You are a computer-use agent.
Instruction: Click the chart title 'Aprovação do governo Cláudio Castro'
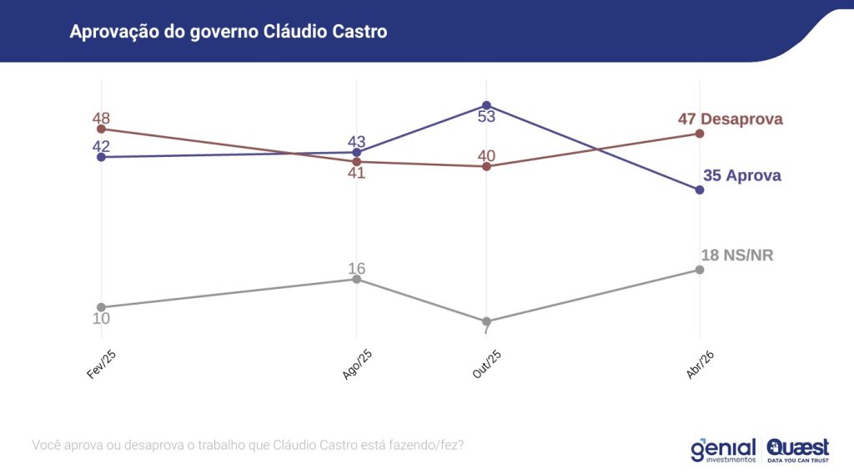[229, 32]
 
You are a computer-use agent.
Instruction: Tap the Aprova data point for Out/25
[486, 105]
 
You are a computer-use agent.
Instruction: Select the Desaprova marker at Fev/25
[101, 129]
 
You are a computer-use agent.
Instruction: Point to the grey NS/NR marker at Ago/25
[357, 279]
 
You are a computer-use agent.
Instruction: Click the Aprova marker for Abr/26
[700, 190]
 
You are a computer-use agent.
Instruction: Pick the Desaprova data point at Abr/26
[700, 134]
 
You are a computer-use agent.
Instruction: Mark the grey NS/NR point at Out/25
[486, 321]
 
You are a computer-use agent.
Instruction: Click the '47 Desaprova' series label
[730, 119]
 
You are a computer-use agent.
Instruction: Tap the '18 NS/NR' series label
[737, 255]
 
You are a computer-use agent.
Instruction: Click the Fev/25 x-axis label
[101, 365]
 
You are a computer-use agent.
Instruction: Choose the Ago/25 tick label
[357, 365]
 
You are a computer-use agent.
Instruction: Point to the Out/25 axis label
[486, 365]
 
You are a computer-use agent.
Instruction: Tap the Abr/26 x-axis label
[699, 365]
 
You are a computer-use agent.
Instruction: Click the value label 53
[486, 117]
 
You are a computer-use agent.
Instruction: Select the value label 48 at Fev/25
[101, 118]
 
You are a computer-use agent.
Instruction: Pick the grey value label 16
[357, 268]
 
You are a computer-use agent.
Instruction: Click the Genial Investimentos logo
[722, 449]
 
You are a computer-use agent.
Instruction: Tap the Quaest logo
[797, 449]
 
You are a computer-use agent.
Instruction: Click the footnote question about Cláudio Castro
[248, 445]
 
